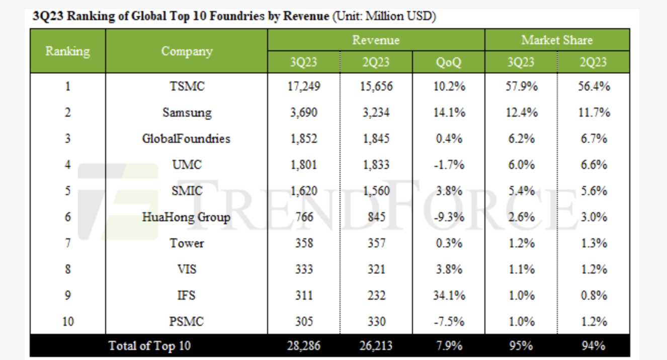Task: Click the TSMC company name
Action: click(187, 86)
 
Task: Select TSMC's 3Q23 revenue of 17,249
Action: click(303, 86)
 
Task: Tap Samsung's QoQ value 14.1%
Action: click(449, 113)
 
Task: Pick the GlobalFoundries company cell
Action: click(186, 139)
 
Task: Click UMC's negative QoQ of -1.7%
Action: click(449, 165)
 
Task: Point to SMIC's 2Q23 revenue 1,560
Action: click(376, 191)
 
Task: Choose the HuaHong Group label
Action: click(186, 217)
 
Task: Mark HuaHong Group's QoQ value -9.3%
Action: click(449, 217)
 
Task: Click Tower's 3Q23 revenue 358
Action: click(303, 243)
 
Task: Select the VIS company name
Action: click(187, 269)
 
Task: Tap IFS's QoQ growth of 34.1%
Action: click(449, 296)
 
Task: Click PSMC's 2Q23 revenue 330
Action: click(376, 322)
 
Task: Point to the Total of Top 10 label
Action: click(150, 346)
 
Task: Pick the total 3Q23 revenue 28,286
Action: click(303, 346)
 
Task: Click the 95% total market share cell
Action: click(521, 346)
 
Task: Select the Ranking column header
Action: click(67, 51)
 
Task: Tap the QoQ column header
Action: click(449, 62)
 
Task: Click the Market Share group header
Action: click(557, 40)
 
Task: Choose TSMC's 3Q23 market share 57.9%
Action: click(521, 86)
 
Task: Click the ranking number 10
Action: click(67, 322)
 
